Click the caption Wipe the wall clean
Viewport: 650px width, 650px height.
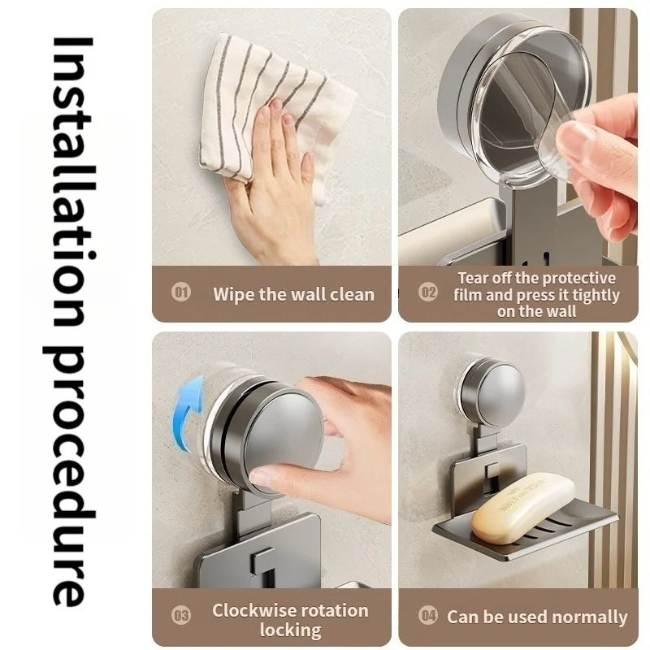click(x=293, y=293)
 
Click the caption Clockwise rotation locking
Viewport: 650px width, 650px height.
click(x=290, y=619)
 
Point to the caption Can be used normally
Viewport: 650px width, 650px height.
click(x=537, y=617)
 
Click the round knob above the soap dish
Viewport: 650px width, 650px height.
click(x=492, y=392)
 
